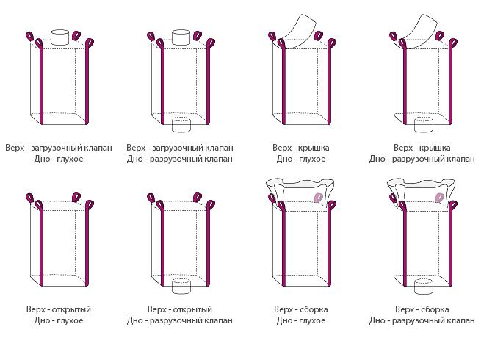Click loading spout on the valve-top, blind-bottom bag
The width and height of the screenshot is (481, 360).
(59, 37)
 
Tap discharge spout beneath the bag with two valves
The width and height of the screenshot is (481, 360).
(181, 125)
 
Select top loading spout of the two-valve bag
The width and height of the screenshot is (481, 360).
(181, 37)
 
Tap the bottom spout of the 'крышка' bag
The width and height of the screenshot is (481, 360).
(424, 125)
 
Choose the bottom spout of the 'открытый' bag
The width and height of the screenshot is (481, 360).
(181, 286)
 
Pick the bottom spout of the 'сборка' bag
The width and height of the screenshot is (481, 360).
(424, 286)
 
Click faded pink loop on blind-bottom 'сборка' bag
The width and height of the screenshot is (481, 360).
(319, 197)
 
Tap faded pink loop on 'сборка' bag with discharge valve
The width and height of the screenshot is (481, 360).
(440, 197)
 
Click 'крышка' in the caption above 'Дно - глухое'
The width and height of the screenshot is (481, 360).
(313, 148)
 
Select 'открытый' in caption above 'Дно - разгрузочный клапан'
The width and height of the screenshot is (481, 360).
(192, 309)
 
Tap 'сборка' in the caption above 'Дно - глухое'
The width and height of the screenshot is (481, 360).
(314, 309)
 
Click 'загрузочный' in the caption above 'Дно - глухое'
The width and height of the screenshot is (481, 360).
(55, 148)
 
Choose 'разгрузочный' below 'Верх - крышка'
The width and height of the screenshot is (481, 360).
(417, 159)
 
